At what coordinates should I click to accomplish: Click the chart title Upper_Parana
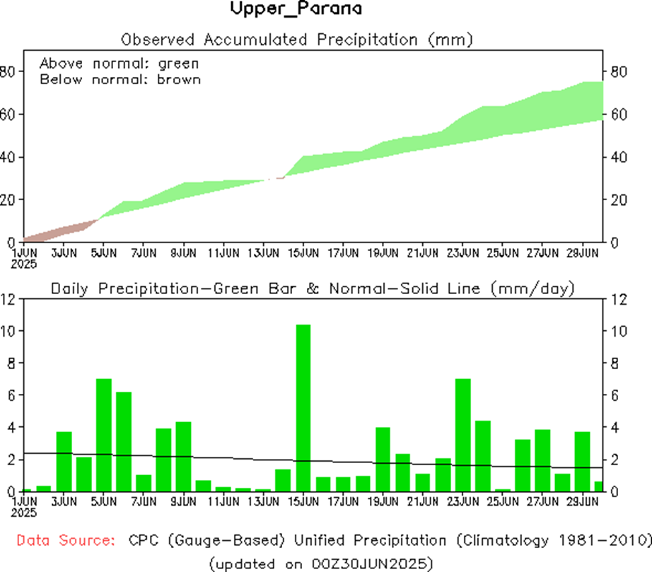click(x=296, y=9)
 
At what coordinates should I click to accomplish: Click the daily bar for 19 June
click(x=383, y=459)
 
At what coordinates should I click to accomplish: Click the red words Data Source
click(x=66, y=541)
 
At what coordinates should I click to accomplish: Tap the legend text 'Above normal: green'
click(x=120, y=62)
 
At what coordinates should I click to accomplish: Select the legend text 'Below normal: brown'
click(x=120, y=79)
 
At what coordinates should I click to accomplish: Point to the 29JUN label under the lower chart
click(x=582, y=501)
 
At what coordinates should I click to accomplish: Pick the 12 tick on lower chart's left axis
click(x=9, y=299)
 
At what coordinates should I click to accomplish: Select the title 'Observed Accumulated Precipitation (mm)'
click(x=296, y=38)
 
